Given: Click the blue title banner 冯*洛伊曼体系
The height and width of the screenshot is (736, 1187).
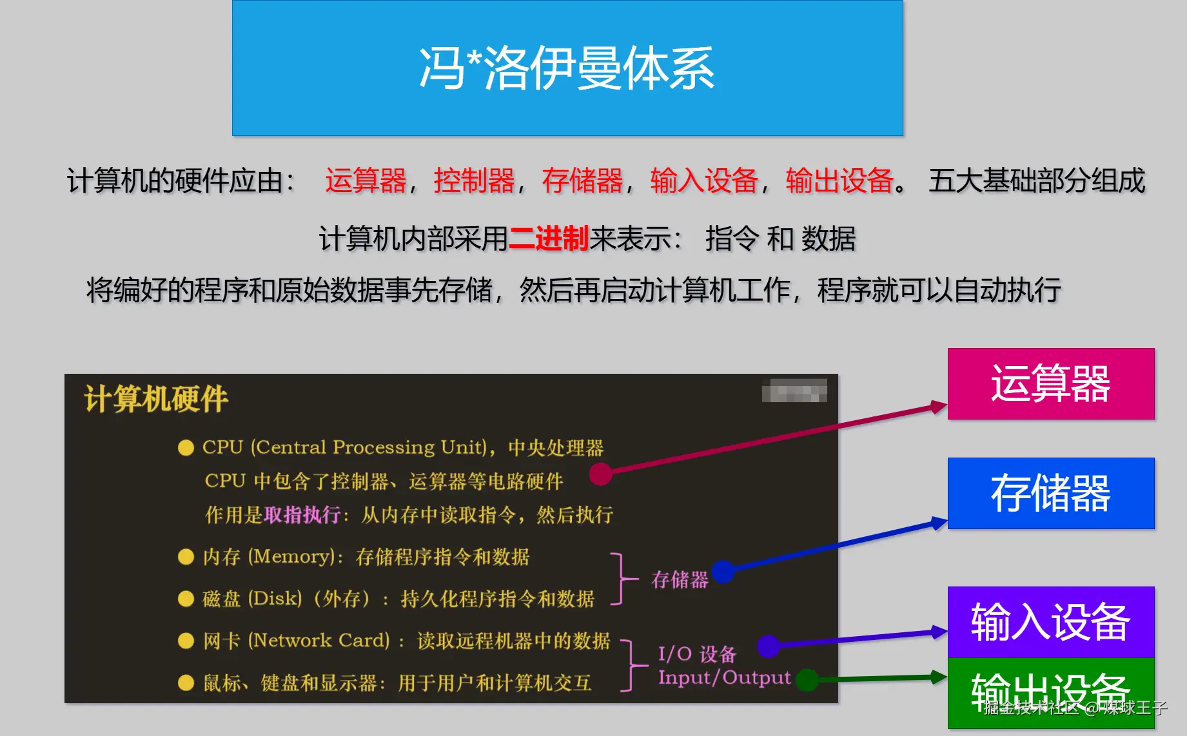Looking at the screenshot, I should pos(567,68).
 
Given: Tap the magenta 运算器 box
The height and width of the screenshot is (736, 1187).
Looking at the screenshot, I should pos(1051,384).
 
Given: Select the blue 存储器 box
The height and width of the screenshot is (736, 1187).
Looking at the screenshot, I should pos(1051,494).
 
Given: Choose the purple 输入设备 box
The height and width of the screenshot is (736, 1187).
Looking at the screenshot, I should pos(1051,622).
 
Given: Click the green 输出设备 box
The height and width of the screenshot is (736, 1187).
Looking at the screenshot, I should pos(1051,693).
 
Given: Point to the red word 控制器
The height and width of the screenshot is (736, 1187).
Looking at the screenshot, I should pos(475,180).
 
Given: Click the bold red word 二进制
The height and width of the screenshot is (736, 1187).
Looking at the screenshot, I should pos(549,238).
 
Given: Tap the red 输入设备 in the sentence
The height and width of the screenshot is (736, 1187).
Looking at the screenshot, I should pos(704,180).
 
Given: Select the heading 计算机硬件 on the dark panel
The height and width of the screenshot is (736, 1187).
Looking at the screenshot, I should pos(156,399).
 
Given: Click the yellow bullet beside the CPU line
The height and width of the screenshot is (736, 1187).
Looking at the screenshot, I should pos(186,448).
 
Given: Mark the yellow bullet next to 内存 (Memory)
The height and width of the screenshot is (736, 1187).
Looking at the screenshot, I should pos(186,557).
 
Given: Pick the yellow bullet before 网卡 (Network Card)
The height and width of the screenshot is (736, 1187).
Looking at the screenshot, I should pos(186,641).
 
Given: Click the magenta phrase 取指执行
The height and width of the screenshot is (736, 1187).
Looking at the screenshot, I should pos(302,515).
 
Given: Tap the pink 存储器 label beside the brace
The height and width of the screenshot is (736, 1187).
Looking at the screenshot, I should pos(680,580).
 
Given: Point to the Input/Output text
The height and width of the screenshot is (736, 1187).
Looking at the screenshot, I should pos(724,677).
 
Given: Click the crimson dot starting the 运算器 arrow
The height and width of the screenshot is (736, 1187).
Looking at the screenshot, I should pos(600,474).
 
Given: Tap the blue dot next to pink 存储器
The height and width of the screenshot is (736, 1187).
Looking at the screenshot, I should pos(723,571).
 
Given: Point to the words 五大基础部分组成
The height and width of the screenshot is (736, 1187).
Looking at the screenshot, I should pos(1037,180).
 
